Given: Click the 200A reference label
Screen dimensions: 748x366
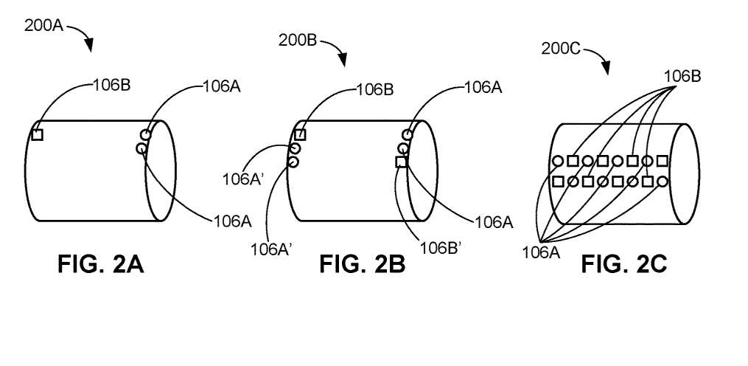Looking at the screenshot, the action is click(x=44, y=25).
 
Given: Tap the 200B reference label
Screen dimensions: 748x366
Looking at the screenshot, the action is click(x=298, y=40).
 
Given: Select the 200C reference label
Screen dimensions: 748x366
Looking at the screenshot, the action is click(x=561, y=49).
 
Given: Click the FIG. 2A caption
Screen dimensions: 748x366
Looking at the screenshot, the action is click(x=101, y=263).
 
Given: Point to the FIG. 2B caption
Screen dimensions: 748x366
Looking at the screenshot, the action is click(x=363, y=263).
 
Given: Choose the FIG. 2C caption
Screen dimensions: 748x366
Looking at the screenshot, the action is click(x=624, y=263).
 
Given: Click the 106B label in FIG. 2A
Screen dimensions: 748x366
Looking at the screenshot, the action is click(x=111, y=86).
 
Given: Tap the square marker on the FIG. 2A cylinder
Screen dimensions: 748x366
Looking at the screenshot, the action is click(x=38, y=135).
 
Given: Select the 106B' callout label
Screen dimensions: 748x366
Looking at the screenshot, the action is click(x=439, y=249).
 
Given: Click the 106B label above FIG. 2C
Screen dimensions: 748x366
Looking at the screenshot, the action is click(x=683, y=77).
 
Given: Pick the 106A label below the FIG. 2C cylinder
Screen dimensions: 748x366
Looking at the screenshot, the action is click(x=542, y=253).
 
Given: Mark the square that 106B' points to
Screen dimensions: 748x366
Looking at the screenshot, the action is click(x=401, y=162).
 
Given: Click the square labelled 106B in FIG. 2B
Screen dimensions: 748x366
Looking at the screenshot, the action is click(x=300, y=135).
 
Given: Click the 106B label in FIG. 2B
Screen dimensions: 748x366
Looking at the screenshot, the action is click(x=375, y=90).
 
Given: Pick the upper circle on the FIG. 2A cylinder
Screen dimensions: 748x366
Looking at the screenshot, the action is click(x=146, y=135).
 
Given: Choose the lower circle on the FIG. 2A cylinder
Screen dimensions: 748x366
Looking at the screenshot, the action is click(x=141, y=148).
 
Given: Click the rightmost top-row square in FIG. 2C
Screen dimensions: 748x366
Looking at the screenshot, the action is click(x=662, y=161).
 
